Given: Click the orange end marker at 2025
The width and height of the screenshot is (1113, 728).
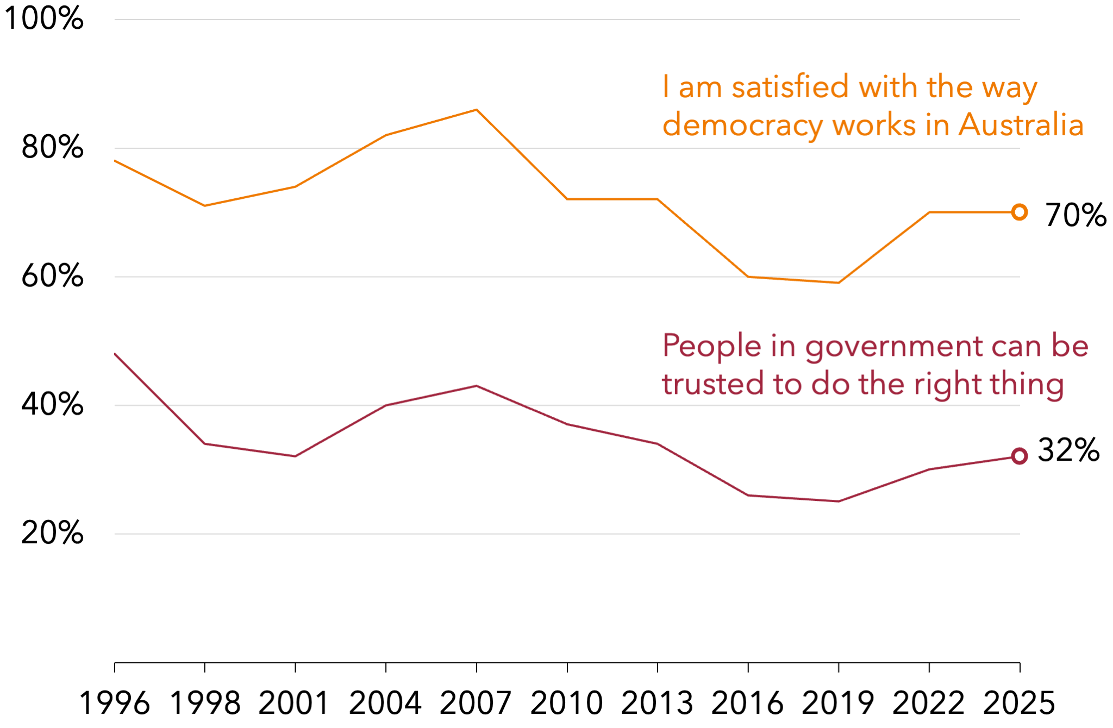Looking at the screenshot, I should [x=1020, y=212].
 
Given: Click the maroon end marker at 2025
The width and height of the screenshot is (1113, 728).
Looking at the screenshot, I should [x=1020, y=456].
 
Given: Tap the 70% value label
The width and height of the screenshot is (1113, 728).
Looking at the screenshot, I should [x=1076, y=215].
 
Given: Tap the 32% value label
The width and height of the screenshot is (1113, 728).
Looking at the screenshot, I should [x=1068, y=450].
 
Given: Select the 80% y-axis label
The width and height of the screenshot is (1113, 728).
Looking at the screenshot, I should [x=53, y=147].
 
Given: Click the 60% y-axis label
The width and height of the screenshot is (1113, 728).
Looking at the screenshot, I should [x=53, y=276].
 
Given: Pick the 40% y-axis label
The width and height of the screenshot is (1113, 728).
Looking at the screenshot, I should [x=53, y=405].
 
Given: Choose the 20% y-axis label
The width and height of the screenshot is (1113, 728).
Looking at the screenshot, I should [x=53, y=533].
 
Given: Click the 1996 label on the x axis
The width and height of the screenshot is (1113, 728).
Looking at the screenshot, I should [x=114, y=703].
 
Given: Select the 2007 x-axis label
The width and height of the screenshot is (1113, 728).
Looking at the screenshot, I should [x=476, y=703].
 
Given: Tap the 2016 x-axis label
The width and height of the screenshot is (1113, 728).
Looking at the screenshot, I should [x=748, y=703].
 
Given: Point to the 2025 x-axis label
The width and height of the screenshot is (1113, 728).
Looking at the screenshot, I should [x=1020, y=703].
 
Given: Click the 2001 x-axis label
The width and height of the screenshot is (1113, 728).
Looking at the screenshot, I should [x=295, y=703].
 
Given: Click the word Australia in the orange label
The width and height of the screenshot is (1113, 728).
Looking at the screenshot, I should [x=1021, y=125].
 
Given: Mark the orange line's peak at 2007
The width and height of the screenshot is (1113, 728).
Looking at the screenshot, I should [x=477, y=110].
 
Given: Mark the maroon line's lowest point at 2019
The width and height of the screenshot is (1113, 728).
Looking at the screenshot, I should [x=839, y=501].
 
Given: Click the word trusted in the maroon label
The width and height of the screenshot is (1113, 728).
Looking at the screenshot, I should [x=713, y=384].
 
